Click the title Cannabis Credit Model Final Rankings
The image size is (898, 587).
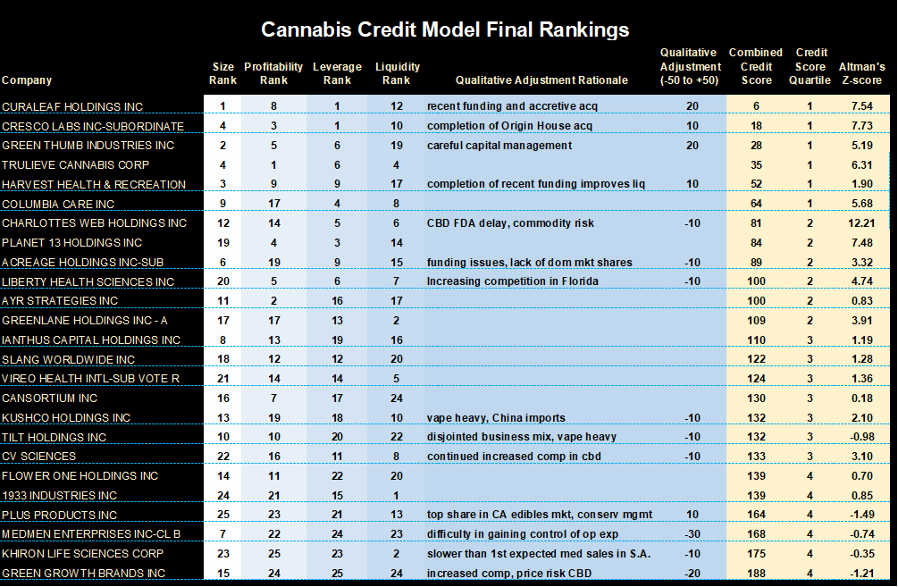(444, 29)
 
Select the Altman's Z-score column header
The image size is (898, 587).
(861, 73)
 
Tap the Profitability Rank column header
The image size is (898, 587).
(273, 73)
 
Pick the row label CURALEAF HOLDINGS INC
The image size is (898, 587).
(72, 107)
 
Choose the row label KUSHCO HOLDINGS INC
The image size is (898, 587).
(66, 418)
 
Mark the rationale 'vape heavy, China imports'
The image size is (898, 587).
(496, 418)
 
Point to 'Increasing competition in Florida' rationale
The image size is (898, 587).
(512, 281)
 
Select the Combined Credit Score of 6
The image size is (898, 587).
(756, 107)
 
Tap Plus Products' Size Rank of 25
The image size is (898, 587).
(222, 515)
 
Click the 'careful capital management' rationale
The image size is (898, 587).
(499, 146)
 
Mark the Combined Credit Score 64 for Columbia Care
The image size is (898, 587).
(758, 204)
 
